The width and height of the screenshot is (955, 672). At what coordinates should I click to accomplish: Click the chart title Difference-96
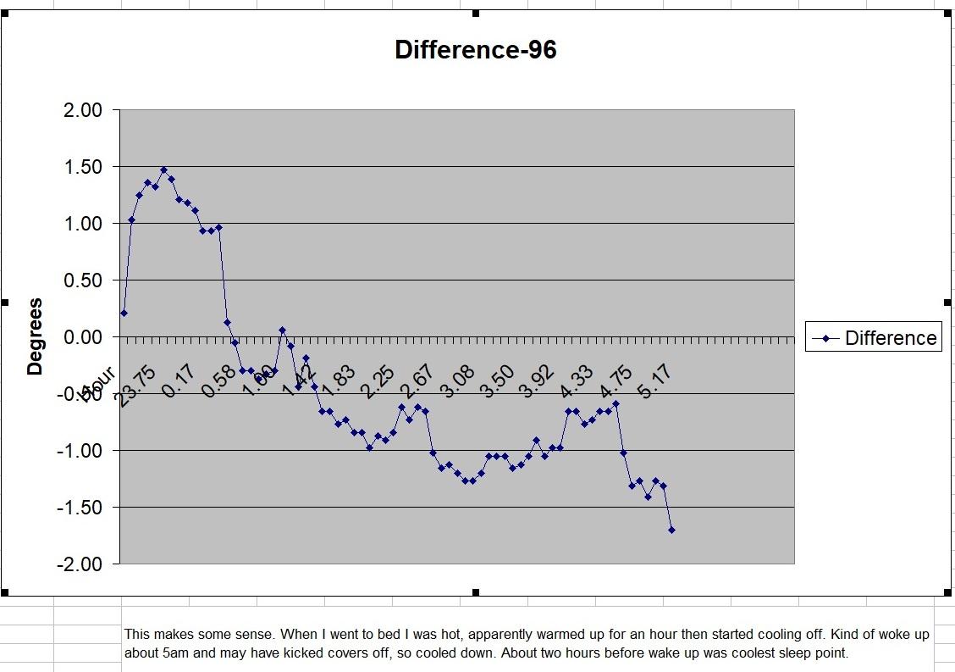[x=476, y=50]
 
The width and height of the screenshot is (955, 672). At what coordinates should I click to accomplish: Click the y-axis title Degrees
[x=35, y=336]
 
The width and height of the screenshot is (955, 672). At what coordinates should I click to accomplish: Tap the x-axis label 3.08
[x=454, y=386]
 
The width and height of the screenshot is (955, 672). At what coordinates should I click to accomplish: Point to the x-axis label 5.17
[x=652, y=386]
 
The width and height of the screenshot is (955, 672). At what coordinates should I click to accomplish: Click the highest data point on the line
[x=163, y=169]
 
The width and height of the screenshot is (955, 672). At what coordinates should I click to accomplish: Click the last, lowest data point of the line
[x=671, y=530]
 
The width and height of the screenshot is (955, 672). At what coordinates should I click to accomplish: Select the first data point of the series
[x=124, y=313]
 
